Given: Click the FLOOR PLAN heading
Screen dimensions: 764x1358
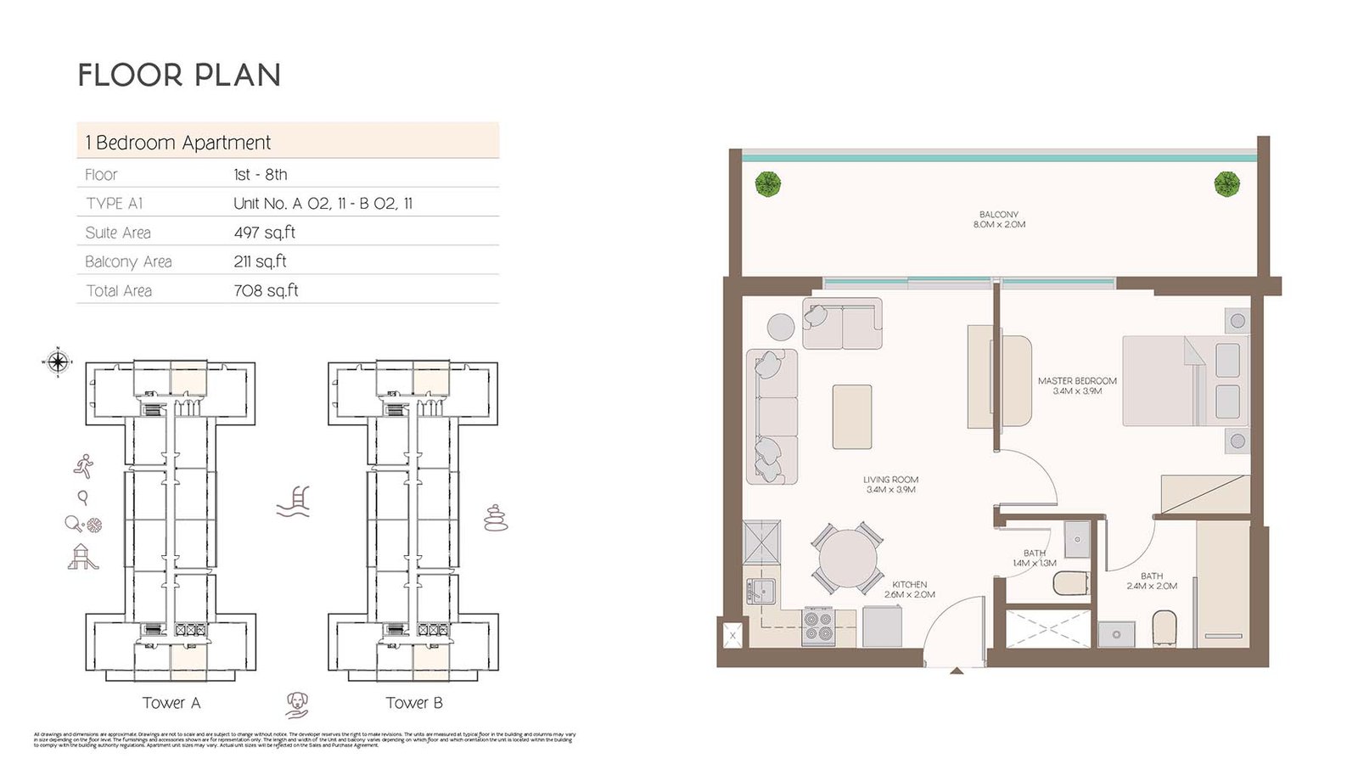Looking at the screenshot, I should [x=179, y=76].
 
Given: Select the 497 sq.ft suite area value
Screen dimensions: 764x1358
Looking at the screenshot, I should [x=264, y=233].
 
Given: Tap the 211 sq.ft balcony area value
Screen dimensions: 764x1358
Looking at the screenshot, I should [x=260, y=261].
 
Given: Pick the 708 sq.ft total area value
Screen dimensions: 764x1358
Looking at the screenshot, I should [x=266, y=290].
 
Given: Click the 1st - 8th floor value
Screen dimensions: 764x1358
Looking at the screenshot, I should [x=261, y=175].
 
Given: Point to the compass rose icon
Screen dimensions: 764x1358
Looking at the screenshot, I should [x=58, y=362].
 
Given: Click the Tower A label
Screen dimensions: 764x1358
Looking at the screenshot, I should [x=171, y=703].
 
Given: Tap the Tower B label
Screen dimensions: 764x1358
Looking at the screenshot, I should [x=414, y=703].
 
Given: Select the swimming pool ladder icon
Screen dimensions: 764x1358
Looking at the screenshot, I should [x=295, y=502].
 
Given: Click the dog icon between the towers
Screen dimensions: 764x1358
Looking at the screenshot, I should [x=296, y=703].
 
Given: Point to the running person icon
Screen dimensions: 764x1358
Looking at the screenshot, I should [x=83, y=465].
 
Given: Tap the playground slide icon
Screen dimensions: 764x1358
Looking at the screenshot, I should [x=82, y=557].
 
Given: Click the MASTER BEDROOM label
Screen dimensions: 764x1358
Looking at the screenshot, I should [x=1077, y=385].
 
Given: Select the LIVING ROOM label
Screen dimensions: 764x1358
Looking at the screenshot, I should [x=890, y=484].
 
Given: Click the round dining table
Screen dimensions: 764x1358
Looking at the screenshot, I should [x=847, y=559].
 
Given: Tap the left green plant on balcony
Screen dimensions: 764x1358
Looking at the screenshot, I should [x=768, y=184].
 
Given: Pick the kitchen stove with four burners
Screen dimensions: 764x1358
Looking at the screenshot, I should [x=818, y=627].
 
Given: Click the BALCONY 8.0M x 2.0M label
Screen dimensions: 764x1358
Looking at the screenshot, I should [x=999, y=219].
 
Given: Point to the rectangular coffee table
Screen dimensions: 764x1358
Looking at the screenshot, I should [x=852, y=416].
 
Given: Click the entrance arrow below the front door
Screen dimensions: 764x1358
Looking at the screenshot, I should [x=957, y=671].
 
